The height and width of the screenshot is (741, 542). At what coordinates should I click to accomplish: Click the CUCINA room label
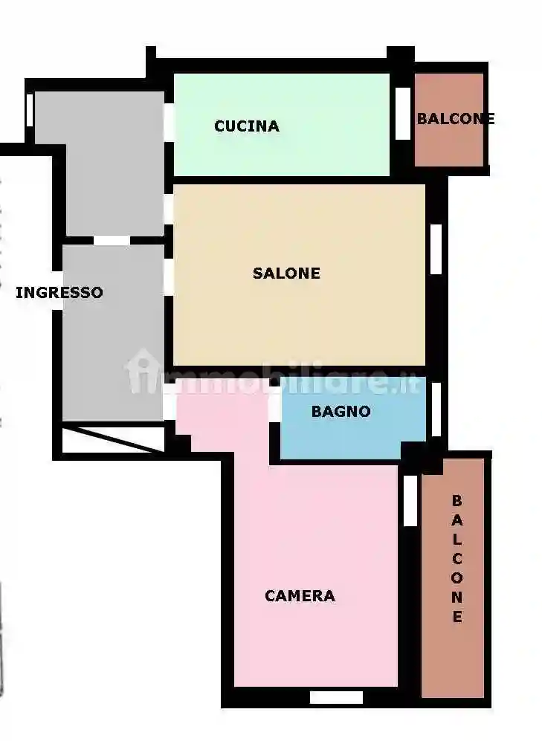pos(247,126)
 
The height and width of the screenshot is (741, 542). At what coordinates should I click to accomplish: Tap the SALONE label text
pos(286,274)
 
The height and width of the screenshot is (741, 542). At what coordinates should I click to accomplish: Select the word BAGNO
pos(341,411)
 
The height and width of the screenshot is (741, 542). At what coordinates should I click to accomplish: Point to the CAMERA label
pos(300,595)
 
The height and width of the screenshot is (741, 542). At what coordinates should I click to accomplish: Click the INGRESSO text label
pos(59,293)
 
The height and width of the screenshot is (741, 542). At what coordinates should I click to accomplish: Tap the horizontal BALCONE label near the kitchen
pos(455,119)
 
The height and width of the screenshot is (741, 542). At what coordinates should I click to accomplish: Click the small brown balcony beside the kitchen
pos(449,141)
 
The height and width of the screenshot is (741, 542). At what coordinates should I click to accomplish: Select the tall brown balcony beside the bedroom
pos(453,654)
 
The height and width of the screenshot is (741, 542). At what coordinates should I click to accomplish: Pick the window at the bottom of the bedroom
pos(336,697)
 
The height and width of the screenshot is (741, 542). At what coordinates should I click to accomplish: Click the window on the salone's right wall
pos(436,248)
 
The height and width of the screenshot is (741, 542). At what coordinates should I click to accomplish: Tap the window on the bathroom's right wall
pos(436,409)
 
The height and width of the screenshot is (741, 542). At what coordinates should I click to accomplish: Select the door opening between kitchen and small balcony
pos(403,114)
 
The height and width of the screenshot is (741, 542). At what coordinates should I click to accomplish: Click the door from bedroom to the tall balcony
pos(410,500)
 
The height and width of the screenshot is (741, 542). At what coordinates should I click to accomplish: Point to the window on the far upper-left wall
pos(30,110)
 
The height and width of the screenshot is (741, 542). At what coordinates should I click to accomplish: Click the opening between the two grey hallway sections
pos(112,241)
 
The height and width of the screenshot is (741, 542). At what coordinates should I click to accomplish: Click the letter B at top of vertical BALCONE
pos(457,500)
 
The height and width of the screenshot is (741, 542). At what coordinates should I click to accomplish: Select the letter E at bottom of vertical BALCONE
pos(457,616)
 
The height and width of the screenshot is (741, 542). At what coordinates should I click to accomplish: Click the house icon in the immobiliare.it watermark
pos(141,371)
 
